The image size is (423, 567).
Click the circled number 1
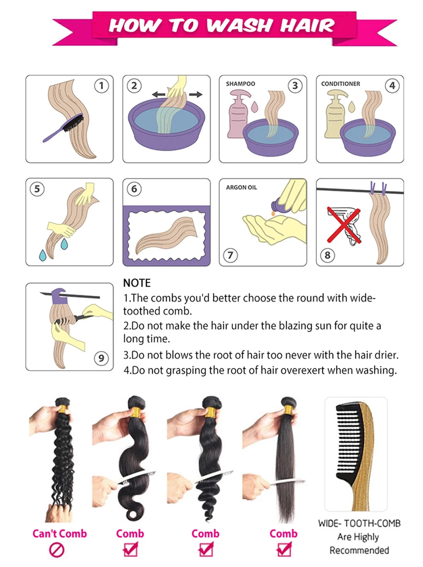pos(101,86)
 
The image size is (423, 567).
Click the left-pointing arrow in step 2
pos(159,94)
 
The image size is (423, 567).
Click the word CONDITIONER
pos(341,84)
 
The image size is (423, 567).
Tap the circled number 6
pos(134,189)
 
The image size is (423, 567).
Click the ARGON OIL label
pos(241,187)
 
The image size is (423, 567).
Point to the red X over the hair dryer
pos(344,225)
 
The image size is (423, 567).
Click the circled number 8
pos(327,255)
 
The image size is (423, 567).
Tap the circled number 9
pos(101,359)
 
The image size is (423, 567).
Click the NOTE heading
pos(137,283)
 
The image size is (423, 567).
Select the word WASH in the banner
pos(239,25)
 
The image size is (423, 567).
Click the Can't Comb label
pos(59,534)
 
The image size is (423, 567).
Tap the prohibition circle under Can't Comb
pos(57,550)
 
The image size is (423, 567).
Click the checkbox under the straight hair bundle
pos(284,550)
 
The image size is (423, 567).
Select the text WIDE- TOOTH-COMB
pos(359,523)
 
